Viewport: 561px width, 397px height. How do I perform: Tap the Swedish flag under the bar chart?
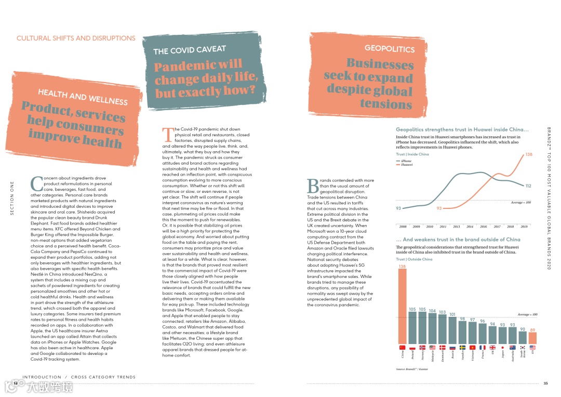pos(462,347)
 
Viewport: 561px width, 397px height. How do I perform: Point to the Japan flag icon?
pos(502,347)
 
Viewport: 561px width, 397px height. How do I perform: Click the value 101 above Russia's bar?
pos(452,314)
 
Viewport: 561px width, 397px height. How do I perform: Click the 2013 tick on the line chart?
pos(456,227)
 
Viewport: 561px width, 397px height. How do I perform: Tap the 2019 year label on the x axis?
pos(524,227)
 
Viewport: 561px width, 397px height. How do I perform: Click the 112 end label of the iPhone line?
pos(528,186)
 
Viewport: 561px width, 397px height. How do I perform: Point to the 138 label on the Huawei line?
pos(529,154)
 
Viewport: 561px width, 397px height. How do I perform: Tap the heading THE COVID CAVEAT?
pos(190,50)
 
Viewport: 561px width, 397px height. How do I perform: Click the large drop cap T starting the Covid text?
pos(167,135)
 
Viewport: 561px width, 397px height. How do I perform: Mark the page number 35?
pos(545,383)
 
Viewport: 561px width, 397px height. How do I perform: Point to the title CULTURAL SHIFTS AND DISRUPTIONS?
pos(76,38)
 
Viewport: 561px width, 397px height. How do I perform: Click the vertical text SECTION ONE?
pos(12,198)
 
